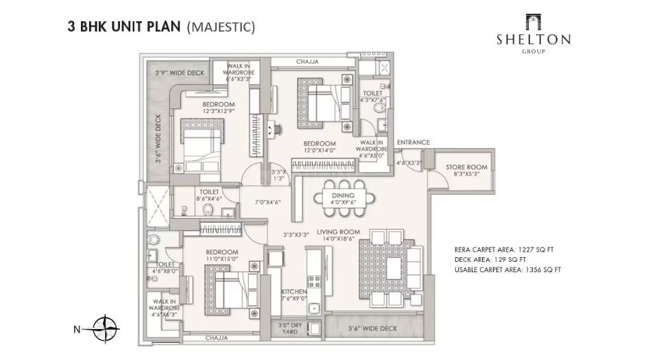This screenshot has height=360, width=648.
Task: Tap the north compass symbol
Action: pyautogui.click(x=106, y=329)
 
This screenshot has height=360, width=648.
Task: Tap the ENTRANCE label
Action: pyautogui.click(x=413, y=143)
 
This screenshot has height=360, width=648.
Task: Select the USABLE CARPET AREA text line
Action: pyautogui.click(x=507, y=270)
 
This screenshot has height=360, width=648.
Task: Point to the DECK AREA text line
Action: pyautogui.click(x=490, y=260)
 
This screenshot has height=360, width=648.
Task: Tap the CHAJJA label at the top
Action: pyautogui.click(x=307, y=62)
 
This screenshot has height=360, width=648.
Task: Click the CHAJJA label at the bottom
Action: pyautogui.click(x=217, y=338)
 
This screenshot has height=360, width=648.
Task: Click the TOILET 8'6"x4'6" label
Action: pyautogui.click(x=209, y=195)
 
